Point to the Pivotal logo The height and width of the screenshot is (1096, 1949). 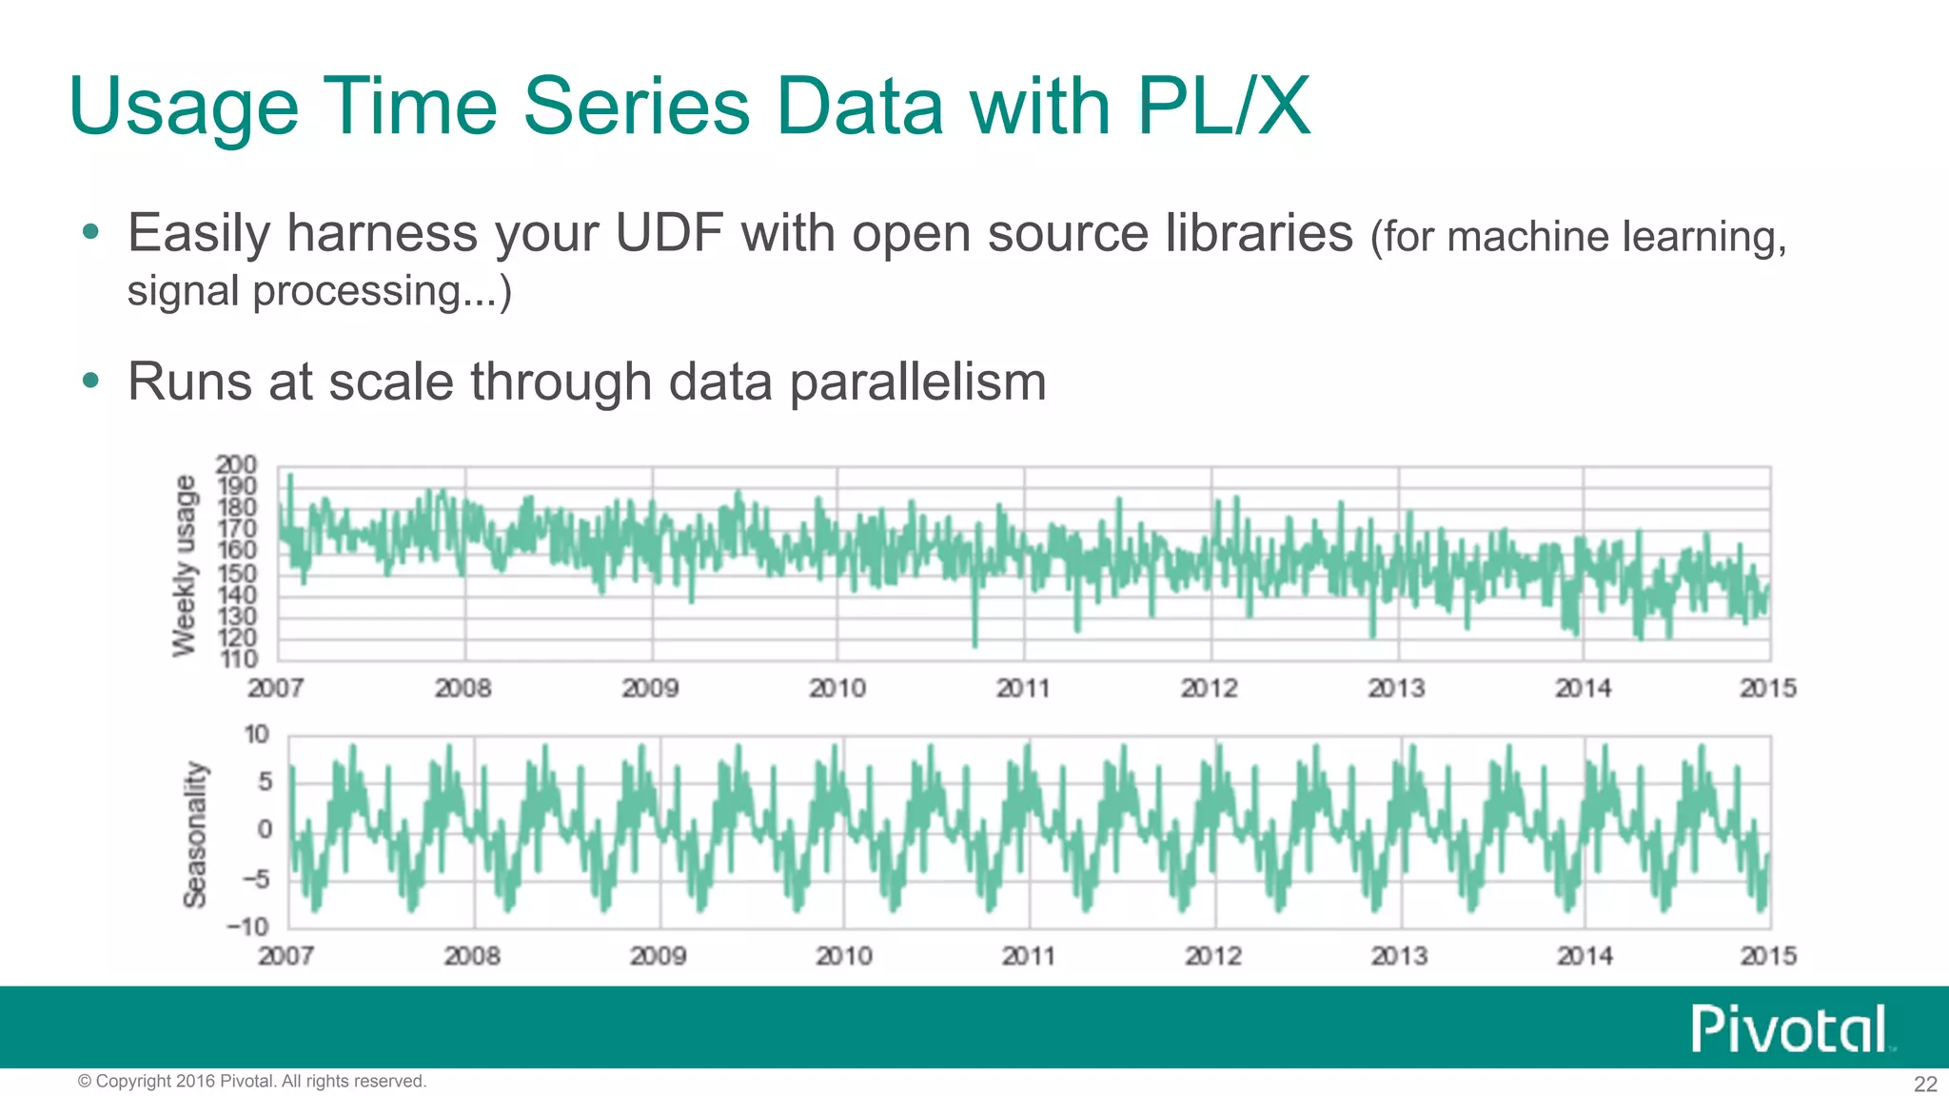[x=1790, y=1028]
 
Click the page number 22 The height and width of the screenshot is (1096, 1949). [x=1925, y=1084]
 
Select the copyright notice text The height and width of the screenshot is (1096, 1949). [x=252, y=1082]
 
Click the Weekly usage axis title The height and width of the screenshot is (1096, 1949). [x=185, y=565]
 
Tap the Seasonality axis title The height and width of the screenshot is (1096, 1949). [x=195, y=833]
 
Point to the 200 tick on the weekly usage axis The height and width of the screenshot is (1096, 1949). [x=236, y=465]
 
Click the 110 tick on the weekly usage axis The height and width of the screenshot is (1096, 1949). [x=239, y=658]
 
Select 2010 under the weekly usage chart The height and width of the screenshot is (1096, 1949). [x=837, y=688]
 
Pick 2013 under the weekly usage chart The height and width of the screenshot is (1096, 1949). [x=1397, y=688]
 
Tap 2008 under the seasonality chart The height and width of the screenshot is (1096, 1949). [x=472, y=955]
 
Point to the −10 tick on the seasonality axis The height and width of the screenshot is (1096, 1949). [x=247, y=927]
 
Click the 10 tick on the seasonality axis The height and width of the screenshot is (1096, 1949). [x=257, y=734]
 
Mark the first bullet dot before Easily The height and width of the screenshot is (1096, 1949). [x=90, y=231]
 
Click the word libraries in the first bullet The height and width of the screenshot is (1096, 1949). [x=1259, y=233]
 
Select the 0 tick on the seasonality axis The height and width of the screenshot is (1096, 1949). [x=265, y=830]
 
